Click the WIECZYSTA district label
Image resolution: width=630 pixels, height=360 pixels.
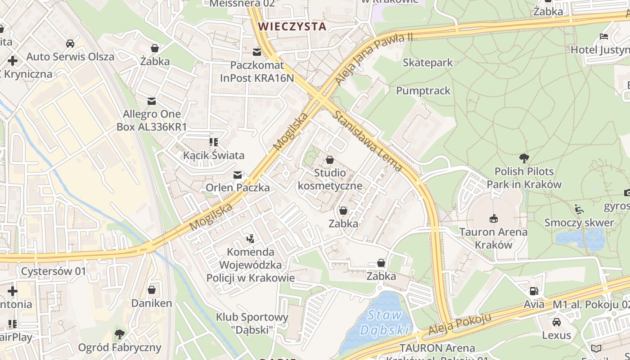292,26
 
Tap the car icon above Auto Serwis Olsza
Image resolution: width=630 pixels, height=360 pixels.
70,44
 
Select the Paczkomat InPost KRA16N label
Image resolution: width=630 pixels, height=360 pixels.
256,72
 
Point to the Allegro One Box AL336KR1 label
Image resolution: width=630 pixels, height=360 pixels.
152,120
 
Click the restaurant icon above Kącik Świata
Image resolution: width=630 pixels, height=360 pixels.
214,143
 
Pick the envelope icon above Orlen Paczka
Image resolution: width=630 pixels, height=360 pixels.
238,175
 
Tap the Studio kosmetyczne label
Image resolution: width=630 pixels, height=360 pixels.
330,179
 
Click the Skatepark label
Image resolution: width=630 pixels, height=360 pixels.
427,63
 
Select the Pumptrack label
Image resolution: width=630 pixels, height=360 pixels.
423,91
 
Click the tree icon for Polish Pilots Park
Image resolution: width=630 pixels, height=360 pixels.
524,158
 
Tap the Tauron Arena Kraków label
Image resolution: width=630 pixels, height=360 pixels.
494,238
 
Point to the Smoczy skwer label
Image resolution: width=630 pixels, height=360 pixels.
579,223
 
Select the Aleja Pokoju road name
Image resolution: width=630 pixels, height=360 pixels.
459,325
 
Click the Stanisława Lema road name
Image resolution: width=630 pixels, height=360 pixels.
367,141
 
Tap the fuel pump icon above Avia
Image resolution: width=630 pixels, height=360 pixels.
534,292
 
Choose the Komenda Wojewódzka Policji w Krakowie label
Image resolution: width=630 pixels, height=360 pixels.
251,265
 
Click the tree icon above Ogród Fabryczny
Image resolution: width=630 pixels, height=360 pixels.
119,334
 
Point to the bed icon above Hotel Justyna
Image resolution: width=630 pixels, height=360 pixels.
604,36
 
